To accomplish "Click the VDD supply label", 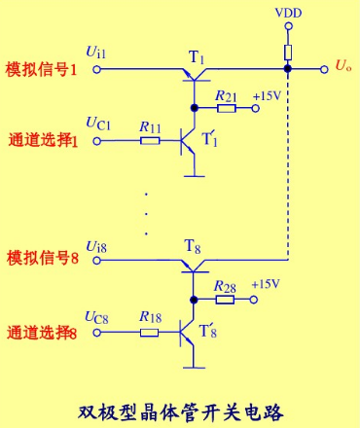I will pyautogui.click(x=287, y=13).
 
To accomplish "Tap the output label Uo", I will pyautogui.click(x=342, y=67).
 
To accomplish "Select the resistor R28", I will pyautogui.click(x=225, y=300).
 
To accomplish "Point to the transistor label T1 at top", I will pyautogui.click(x=198, y=58).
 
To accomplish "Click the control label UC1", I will pyautogui.click(x=99, y=125).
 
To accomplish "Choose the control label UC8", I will pyautogui.click(x=99, y=316).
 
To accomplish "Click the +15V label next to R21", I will pyautogui.click(x=266, y=96).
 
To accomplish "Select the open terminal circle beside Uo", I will pyautogui.click(x=323, y=69).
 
